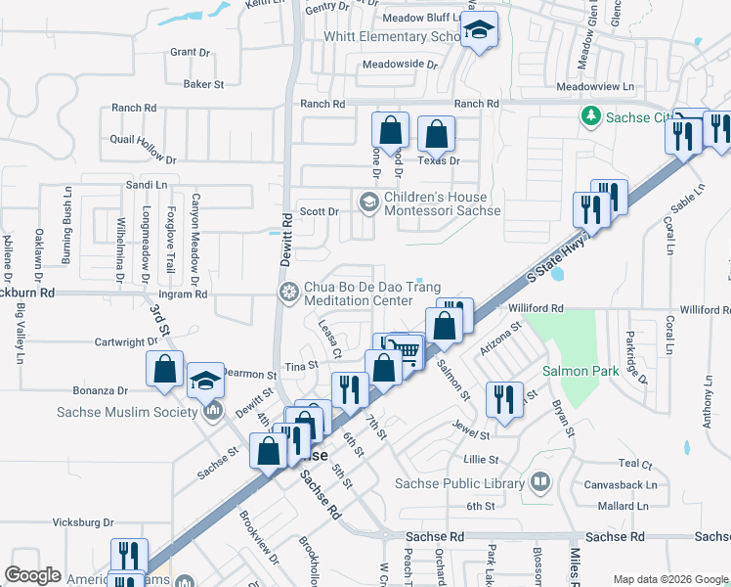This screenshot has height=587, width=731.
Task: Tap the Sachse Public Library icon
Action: (539, 482)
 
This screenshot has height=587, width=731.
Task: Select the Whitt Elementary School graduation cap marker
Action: (479, 30)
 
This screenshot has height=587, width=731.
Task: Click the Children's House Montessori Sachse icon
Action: (368, 203)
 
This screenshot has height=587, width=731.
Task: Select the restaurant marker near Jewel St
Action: (504, 399)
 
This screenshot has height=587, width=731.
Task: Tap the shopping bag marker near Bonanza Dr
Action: (164, 370)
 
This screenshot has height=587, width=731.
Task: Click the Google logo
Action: (32, 575)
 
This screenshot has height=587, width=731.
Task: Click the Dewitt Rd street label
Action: (286, 240)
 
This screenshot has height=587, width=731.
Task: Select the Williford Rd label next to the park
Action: (537, 308)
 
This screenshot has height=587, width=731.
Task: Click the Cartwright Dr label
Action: (124, 341)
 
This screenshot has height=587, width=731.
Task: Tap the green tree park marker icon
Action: (590, 117)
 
